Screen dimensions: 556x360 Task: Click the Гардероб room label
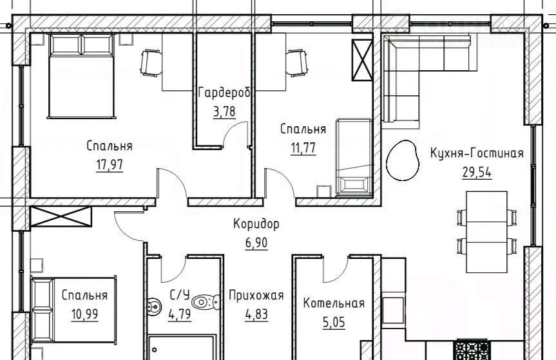224,93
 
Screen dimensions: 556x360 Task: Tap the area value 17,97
110,165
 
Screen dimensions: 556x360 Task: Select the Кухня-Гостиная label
477,153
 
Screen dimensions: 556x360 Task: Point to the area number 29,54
477,173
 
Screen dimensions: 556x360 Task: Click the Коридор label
256,224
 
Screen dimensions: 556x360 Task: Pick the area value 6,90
256,243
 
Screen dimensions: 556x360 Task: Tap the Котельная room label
334,304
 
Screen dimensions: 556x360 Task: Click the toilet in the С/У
206,302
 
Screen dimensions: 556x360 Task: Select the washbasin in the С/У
153,306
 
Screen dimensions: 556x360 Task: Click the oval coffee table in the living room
402,160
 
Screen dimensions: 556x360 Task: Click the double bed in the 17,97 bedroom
82,76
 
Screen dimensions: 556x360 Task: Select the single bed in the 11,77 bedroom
354,157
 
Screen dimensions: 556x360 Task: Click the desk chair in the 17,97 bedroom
151,63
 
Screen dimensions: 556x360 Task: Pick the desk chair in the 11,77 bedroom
296,63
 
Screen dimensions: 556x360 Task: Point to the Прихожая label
256,295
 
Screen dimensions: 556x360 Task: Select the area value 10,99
85,314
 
